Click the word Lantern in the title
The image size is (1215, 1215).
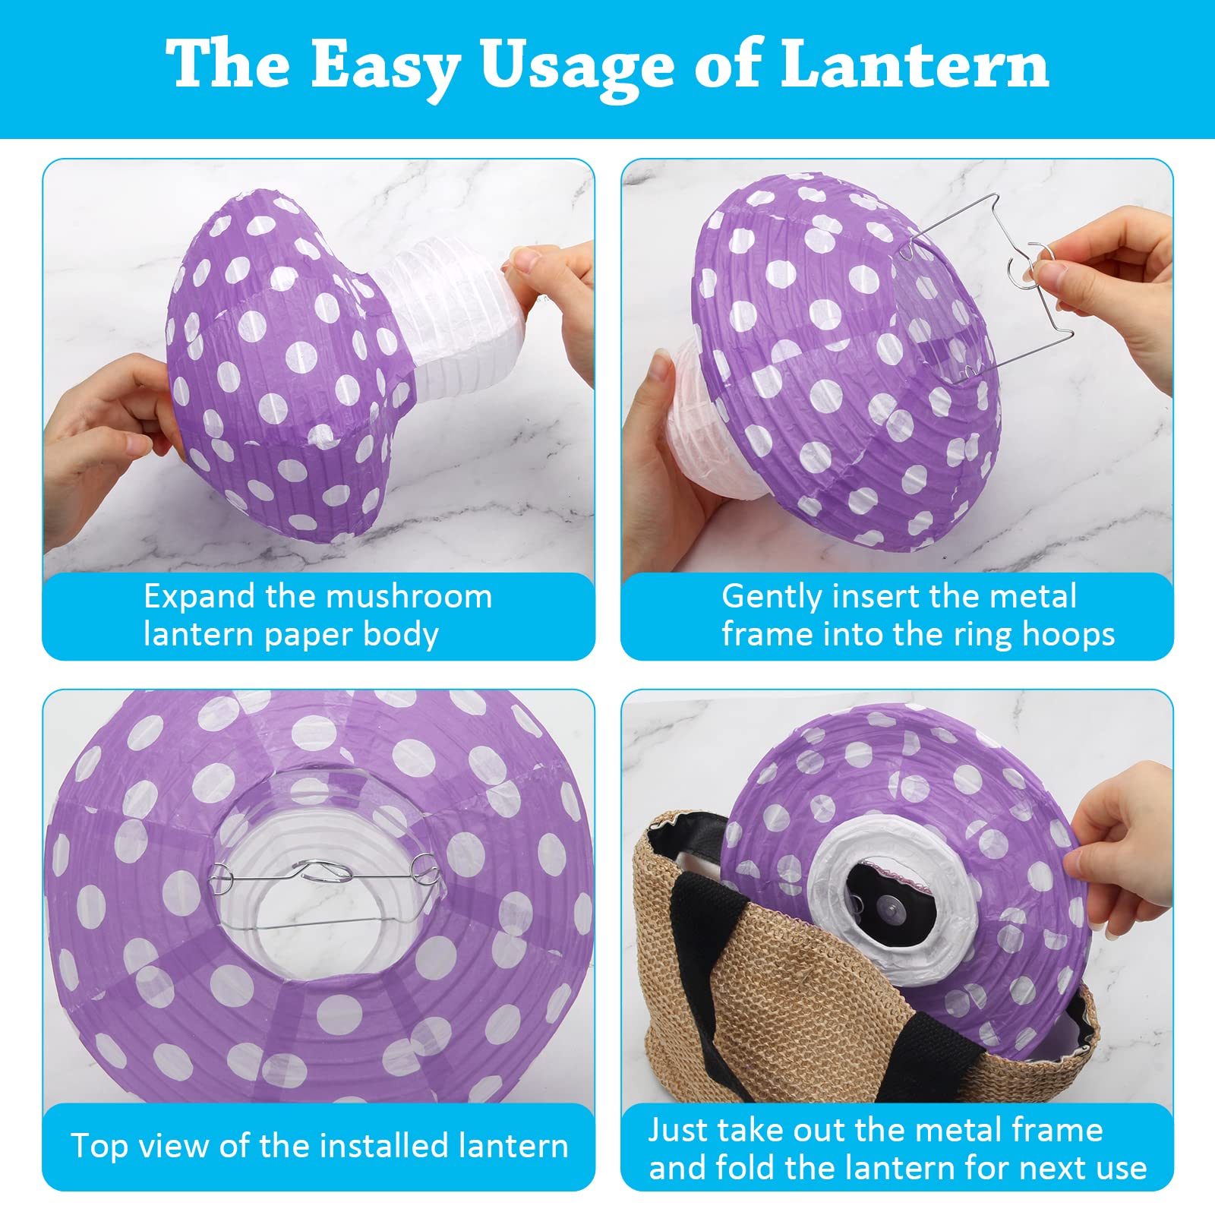point(915,65)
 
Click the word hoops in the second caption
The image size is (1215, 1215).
point(1068,635)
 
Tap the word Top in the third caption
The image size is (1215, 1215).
point(99,1147)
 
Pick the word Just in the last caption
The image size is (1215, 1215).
point(677,1131)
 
